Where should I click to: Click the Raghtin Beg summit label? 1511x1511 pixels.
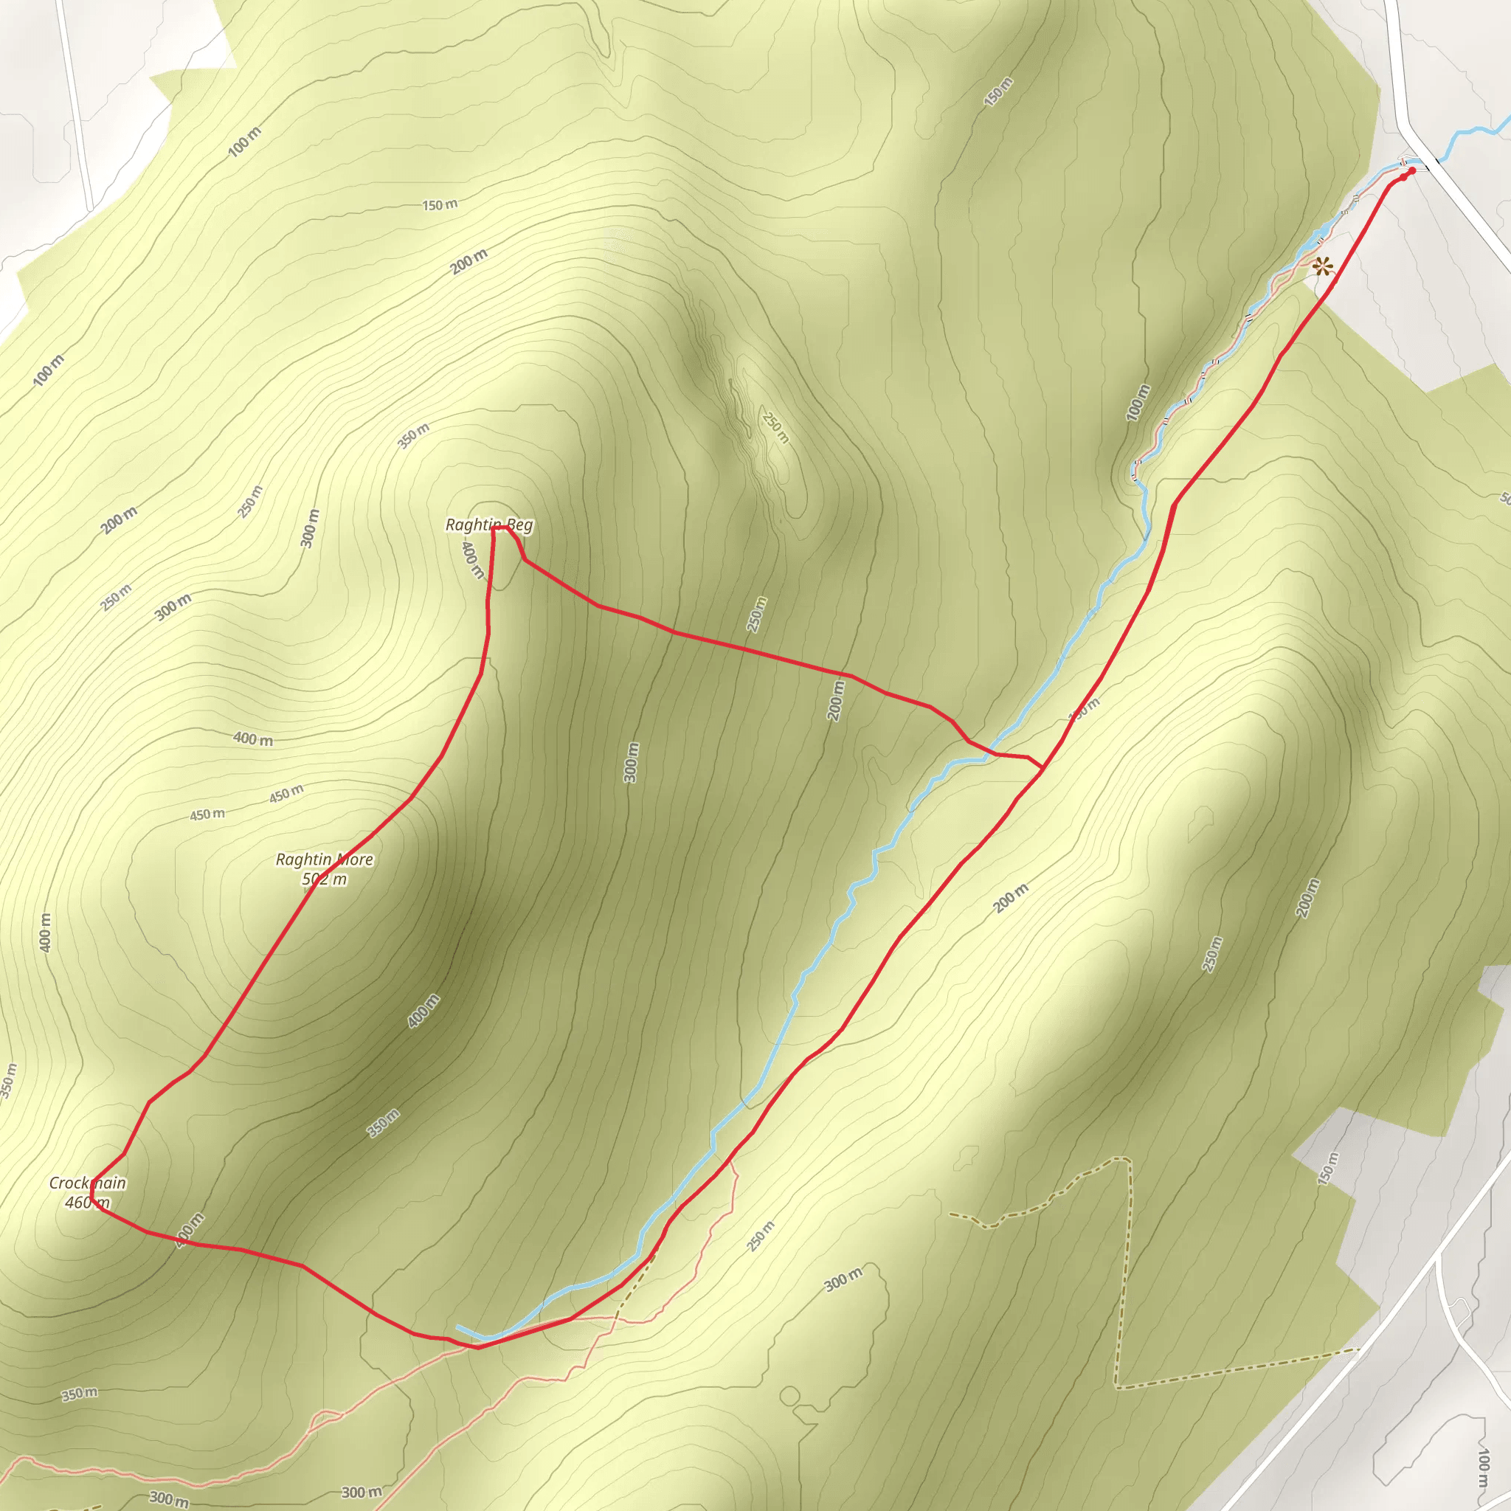(489, 525)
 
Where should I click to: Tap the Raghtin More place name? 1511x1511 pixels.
(325, 860)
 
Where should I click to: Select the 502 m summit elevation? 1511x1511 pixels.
(325, 879)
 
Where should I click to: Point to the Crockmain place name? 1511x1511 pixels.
(88, 1183)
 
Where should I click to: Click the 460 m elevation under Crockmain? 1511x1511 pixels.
(88, 1202)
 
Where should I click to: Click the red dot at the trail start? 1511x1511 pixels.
(1411, 170)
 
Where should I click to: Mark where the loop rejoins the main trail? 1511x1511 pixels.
(1043, 769)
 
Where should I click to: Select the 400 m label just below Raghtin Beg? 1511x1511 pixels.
(472, 560)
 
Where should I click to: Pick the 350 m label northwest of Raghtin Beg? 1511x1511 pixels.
(413, 435)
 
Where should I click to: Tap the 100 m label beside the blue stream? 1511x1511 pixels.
(1138, 403)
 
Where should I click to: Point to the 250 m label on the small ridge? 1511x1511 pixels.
(776, 428)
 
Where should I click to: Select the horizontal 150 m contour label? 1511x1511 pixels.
(440, 205)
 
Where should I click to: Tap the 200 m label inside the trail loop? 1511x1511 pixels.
(835, 700)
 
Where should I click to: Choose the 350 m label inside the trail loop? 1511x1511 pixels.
(383, 1123)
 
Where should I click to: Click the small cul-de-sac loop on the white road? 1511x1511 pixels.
(1459, 1307)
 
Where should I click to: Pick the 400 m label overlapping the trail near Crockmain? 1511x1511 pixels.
(190, 1229)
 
